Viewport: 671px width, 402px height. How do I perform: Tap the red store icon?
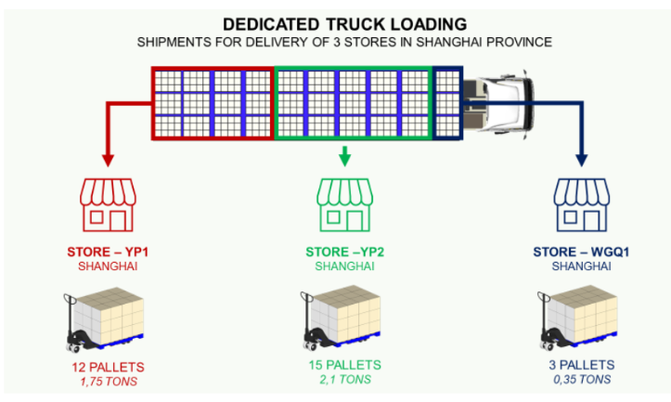click(110, 204)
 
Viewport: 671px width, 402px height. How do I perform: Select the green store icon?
click(344, 204)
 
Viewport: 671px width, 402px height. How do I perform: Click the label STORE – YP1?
click(110, 252)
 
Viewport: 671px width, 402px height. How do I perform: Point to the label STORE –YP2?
click(344, 252)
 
